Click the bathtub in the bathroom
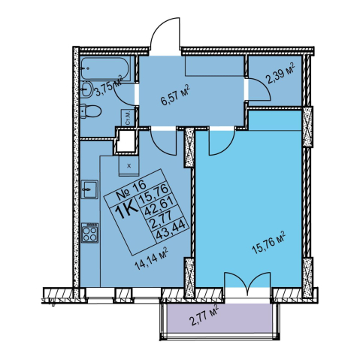coord(105,68)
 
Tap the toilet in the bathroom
coord(91,112)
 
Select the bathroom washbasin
coord(87,90)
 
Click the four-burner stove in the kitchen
coord(89,233)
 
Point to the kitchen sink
coord(89,189)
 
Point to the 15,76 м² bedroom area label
coord(269,243)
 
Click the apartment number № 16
coord(131,191)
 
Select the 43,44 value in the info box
coord(172,231)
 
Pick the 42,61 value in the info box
coord(163,207)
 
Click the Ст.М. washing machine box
coord(127,117)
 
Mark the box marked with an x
coord(129,165)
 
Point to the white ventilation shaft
coord(126,141)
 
